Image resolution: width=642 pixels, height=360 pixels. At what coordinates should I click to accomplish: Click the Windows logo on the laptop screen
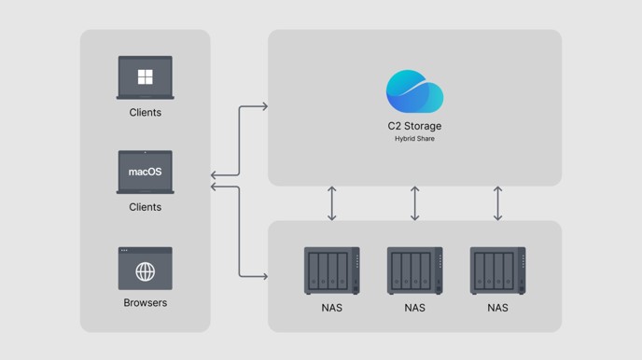coord(146,76)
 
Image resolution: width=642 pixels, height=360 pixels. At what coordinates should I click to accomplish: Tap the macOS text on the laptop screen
coord(146,172)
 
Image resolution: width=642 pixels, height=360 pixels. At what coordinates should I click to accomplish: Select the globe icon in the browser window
coord(146,271)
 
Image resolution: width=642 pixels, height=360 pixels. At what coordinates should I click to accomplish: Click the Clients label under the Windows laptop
coord(146,113)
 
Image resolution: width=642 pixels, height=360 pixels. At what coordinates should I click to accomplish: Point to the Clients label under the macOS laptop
coord(146,207)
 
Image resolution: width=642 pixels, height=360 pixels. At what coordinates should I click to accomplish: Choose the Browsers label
coord(146,303)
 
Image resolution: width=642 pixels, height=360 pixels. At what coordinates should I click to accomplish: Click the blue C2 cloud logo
coord(414,91)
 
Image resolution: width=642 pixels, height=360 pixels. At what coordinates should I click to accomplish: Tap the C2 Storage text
coord(414,126)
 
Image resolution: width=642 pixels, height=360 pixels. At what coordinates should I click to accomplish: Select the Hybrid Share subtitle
coord(414,139)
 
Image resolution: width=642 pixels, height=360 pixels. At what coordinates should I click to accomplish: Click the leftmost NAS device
coord(332,270)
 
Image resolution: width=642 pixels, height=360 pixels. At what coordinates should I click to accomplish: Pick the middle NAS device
coord(414,270)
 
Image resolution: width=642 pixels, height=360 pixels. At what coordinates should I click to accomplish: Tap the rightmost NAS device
coord(498,270)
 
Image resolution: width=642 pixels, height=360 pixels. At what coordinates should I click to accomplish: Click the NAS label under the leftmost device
coord(332,308)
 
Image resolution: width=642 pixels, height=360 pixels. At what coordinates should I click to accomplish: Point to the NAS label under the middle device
coord(414,308)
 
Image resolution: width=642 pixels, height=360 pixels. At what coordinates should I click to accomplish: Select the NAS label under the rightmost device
coord(498,308)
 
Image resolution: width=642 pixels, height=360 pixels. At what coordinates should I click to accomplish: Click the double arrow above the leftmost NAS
coord(332,203)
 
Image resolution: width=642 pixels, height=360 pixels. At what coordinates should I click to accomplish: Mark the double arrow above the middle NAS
coord(414,203)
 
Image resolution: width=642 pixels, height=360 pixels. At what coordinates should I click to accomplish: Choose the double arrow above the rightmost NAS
coord(498,203)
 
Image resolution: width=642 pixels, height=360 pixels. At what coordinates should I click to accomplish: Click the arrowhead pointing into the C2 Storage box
coord(265,106)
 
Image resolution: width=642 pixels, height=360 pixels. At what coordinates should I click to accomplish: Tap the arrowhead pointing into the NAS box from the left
coord(265,277)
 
